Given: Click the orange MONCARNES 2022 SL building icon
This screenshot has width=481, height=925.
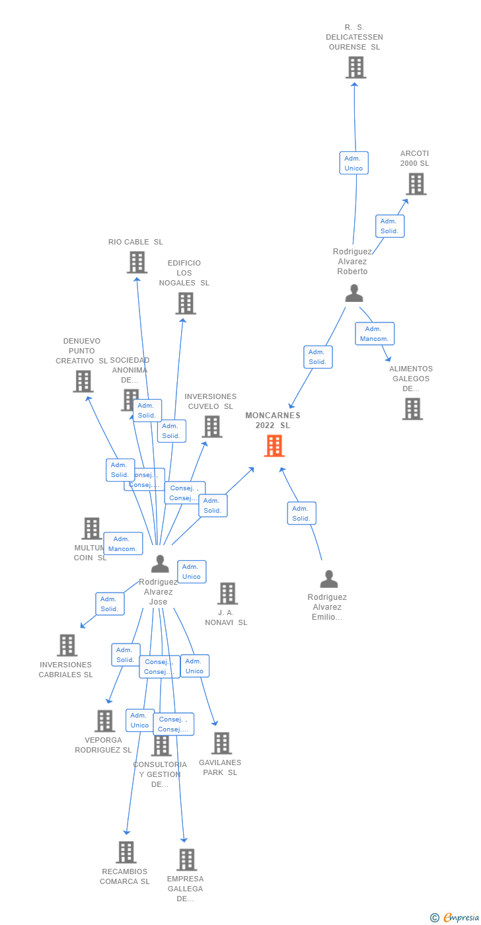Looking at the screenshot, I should tap(274, 446).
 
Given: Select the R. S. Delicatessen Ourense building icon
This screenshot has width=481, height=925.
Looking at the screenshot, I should tap(355, 67).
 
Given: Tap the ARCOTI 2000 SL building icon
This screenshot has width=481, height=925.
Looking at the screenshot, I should tap(416, 184).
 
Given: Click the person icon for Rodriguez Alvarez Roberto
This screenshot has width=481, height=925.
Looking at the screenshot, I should tap(354, 293).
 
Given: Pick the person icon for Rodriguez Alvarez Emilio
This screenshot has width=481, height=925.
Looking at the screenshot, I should tap(328, 579).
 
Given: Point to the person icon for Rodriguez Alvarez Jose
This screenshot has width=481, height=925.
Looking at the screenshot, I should tap(160, 564).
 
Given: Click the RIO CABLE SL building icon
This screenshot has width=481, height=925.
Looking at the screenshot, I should tap(137, 262).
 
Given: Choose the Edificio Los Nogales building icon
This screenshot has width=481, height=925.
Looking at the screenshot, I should tap(186, 303).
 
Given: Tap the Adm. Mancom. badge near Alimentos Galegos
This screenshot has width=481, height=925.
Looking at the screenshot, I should tap(375, 334).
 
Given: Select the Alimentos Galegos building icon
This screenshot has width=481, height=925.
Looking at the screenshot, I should tap(412, 409).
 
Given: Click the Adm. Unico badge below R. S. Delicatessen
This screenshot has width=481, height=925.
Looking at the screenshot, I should tap(353, 163).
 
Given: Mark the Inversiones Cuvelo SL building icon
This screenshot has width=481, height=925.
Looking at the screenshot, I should tap(212, 427).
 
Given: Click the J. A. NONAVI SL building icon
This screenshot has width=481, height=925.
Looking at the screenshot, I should tap(227, 593).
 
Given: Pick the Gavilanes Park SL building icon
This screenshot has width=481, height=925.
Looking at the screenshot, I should tap(221, 743).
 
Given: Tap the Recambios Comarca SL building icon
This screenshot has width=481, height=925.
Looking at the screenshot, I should tap(126, 852).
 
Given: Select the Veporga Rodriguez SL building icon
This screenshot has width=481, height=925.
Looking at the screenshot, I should tap(104, 721).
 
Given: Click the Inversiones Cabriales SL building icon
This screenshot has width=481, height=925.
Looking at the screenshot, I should tap(67, 646).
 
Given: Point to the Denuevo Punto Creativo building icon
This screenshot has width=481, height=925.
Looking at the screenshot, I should tap(83, 381).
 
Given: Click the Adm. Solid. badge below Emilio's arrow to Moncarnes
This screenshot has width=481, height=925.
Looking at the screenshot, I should tap(301, 513).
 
